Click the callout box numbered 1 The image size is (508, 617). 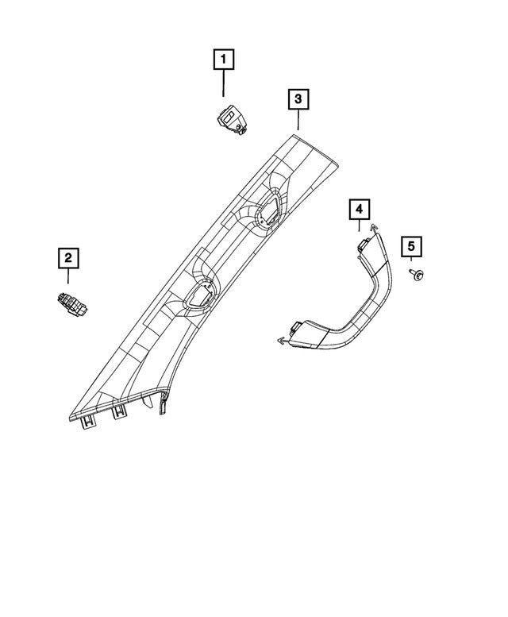tap(223, 59)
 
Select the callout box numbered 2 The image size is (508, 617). tap(68, 257)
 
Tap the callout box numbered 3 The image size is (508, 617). tap(298, 99)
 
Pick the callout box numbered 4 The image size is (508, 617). tap(359, 209)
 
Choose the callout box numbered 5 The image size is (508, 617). tap(412, 247)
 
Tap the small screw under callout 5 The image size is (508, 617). tap(415, 274)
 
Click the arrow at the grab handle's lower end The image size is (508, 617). tap(282, 341)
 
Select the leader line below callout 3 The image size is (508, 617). tap(298, 120)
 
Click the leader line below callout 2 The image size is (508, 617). tap(68, 276)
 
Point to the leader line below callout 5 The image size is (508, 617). tap(412, 264)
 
